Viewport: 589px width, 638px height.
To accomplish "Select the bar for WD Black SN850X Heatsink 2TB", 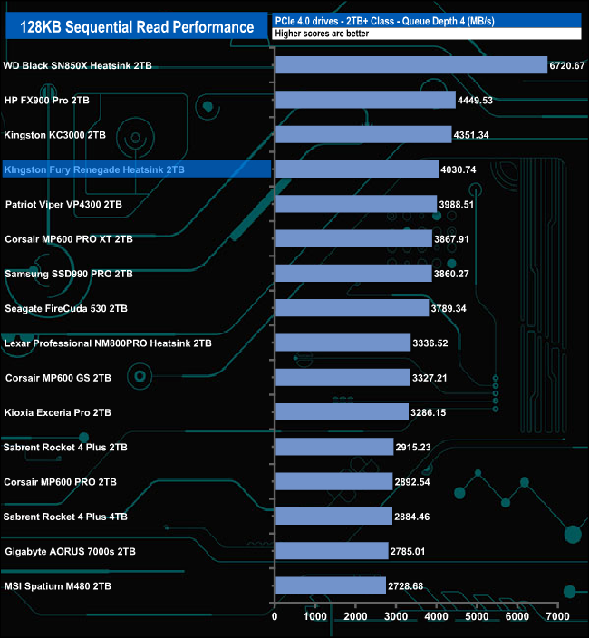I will coord(410,65).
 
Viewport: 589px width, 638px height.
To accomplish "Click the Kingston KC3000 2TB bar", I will coord(362,135).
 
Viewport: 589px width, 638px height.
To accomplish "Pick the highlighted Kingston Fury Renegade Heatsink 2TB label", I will coord(94,169).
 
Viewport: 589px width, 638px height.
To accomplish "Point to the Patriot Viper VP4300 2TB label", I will coord(63,205).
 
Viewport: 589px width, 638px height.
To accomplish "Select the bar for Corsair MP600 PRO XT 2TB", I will coord(352,239).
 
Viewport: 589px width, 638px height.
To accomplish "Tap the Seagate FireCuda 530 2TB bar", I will coord(352,308).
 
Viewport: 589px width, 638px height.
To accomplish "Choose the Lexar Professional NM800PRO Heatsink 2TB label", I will coord(108,343).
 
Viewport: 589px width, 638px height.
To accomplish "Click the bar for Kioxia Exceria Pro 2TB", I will coord(342,412).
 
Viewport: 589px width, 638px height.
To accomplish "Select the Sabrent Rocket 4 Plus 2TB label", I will coord(66,448).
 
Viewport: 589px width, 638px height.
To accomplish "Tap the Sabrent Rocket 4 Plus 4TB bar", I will coord(333,517).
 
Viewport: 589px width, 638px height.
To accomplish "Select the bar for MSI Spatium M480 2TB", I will coord(330,586).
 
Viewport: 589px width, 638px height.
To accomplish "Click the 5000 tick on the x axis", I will coord(477,617).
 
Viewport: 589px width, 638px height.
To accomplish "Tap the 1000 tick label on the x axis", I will coord(314,617).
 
